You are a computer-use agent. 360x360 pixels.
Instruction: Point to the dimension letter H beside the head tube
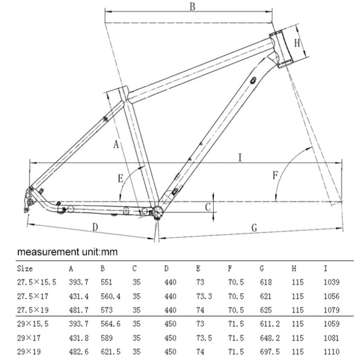tap(297, 43)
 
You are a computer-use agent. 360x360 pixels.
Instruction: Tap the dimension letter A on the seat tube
tap(116, 145)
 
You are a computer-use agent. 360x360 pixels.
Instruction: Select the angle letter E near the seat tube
tap(121, 179)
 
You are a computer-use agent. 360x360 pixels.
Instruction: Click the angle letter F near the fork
tap(274, 175)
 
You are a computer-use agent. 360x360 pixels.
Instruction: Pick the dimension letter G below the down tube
tap(254, 228)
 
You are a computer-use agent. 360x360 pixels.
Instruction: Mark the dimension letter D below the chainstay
tap(95, 227)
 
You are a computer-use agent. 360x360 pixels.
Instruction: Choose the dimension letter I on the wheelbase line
tap(240, 157)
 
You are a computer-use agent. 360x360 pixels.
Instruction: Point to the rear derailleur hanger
tap(28, 200)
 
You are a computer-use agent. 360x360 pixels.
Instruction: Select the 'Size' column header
tap(25, 269)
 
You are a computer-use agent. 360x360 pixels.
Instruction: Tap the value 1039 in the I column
tap(331, 283)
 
